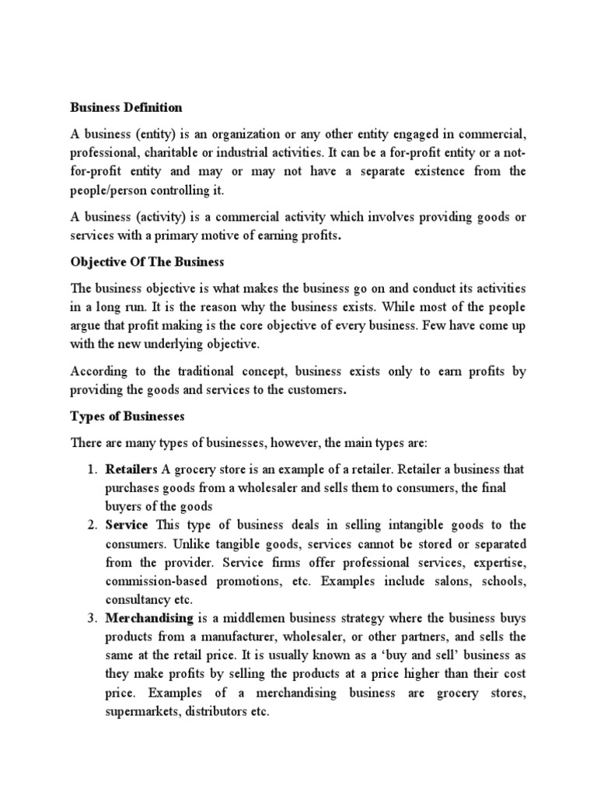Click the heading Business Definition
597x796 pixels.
tap(126, 107)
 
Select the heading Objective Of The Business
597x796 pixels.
tap(148, 263)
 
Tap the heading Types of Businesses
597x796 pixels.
tap(127, 416)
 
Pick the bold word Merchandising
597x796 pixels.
tap(149, 617)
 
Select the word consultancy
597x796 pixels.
tap(136, 599)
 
